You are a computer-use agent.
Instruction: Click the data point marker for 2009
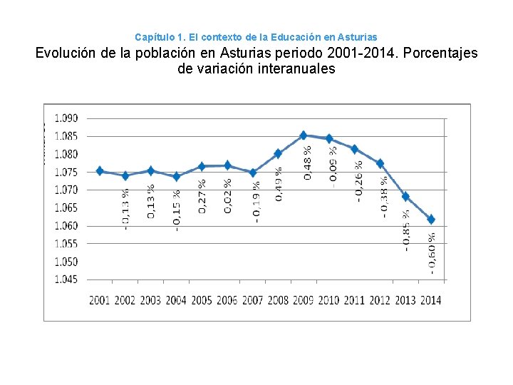tap(304, 135)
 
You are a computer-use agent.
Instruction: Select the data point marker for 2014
tap(431, 220)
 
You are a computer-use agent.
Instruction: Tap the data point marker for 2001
tap(100, 171)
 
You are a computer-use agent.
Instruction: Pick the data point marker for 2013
tap(405, 197)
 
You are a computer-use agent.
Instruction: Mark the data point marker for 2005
tap(202, 166)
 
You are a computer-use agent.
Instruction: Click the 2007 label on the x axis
tap(252, 300)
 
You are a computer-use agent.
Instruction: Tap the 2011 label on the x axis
tap(354, 300)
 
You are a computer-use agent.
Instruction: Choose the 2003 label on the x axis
tap(150, 300)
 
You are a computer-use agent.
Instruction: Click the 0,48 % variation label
tap(307, 163)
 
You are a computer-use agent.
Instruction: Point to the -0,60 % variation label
tap(432, 253)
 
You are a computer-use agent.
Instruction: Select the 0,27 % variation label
tap(202, 195)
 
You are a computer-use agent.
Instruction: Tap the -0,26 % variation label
tap(358, 181)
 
